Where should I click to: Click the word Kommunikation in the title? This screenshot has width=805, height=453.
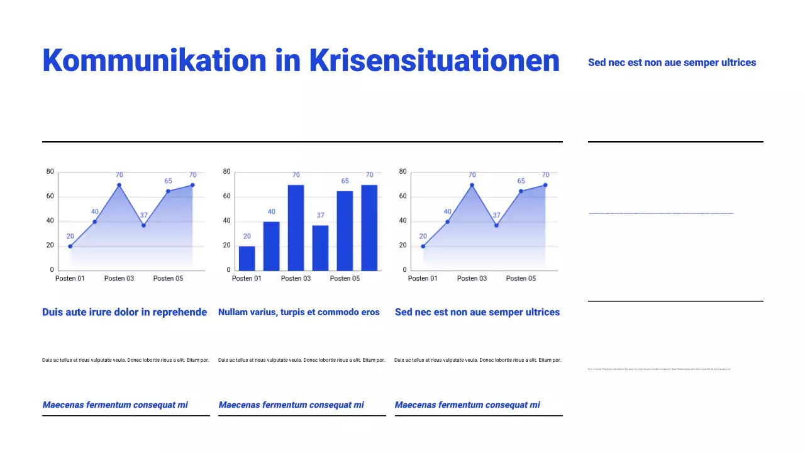coord(154,61)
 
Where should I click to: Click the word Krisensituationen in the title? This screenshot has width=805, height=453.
coord(434,61)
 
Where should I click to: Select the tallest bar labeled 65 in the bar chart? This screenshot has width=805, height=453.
coord(345,230)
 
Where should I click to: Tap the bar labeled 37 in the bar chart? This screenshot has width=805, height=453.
coord(320,247)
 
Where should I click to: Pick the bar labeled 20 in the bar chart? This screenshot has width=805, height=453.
coord(247,258)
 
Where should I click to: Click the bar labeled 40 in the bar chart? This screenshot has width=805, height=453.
coord(271,245)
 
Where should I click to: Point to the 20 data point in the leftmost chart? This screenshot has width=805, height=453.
coord(70,246)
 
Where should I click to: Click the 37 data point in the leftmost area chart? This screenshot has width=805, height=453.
coord(143,225)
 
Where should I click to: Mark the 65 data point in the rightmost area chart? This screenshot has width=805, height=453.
coord(521,191)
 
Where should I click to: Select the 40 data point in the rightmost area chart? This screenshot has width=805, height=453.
coord(447,221)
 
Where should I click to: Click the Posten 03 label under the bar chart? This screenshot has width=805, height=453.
coord(296,278)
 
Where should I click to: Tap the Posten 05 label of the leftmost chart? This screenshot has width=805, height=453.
coord(168,278)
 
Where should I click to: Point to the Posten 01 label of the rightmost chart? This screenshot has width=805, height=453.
coord(423,278)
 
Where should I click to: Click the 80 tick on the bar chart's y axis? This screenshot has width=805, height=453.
coord(227,171)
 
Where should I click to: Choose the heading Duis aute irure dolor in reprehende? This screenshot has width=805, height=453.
coord(125,312)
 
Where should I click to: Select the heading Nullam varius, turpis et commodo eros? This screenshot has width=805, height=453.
coord(299,312)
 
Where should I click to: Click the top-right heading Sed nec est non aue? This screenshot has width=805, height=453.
coord(672,62)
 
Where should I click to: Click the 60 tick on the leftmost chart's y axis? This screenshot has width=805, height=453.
coord(50,196)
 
